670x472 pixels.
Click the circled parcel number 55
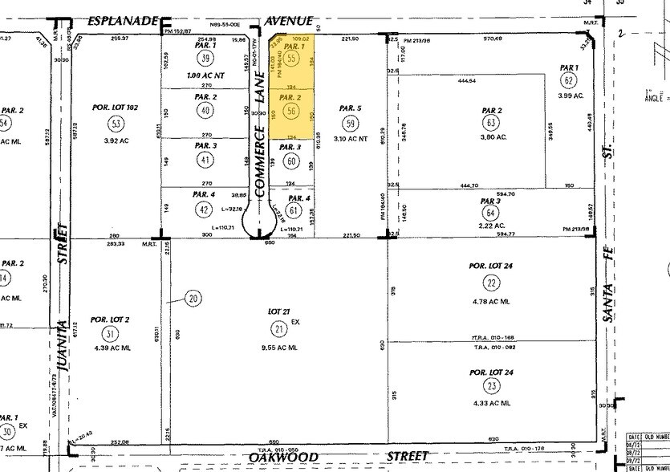(291, 59)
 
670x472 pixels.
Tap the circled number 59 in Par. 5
(350, 124)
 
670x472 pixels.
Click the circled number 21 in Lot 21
(279, 328)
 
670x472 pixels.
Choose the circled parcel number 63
(492, 123)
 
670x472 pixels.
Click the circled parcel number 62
(569, 80)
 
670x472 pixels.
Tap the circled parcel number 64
(491, 214)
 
